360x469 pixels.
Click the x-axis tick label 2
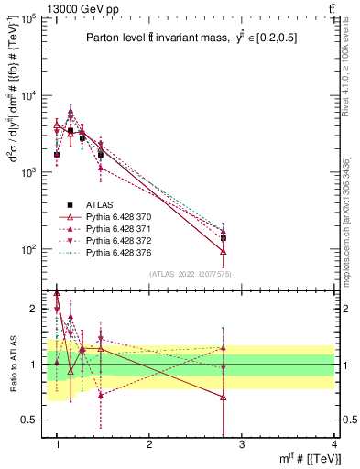pos(149,444)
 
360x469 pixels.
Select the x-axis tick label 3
pos(241,444)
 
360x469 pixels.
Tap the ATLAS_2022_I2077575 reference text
pos(191,274)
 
